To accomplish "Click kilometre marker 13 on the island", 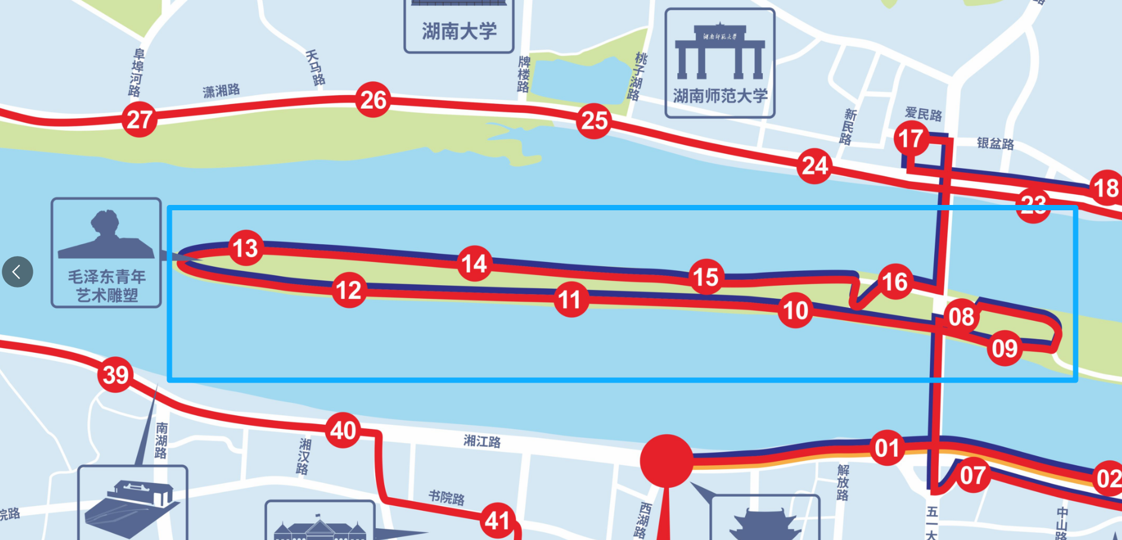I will [246, 248].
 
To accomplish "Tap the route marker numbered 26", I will [373, 100].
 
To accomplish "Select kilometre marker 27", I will [139, 119].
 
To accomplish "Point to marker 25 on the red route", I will [594, 121].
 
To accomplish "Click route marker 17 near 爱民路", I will [910, 139].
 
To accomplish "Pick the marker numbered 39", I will [115, 374].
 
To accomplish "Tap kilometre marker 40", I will [343, 430].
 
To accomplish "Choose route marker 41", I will [497, 520].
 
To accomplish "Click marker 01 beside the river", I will [887, 448].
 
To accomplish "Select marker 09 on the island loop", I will [1004, 348].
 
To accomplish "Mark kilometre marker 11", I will [570, 299].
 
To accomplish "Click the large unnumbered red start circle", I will [667, 461].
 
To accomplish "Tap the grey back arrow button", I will [17, 272].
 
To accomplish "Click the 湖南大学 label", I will [459, 31].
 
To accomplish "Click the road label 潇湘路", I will [221, 91].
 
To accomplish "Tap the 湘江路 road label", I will [482, 441].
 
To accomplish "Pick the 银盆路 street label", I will [995, 143].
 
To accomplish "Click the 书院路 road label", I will [447, 497].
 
